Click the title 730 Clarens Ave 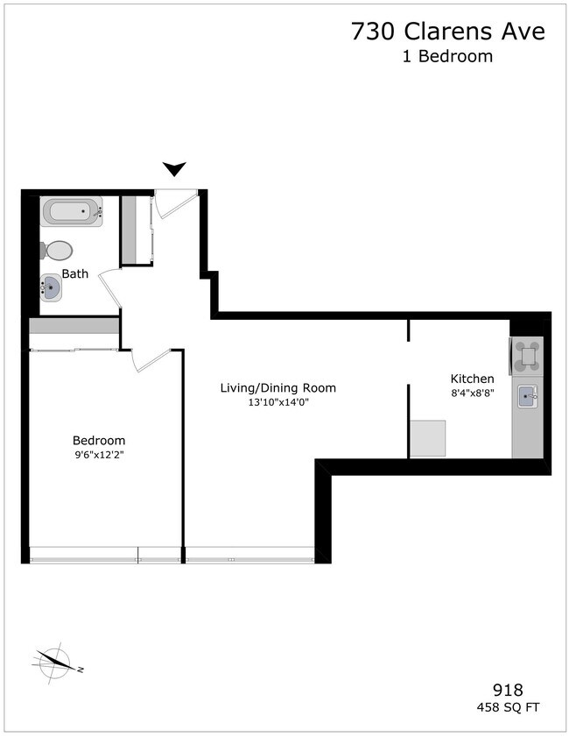447,32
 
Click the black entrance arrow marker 175,169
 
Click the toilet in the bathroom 57,251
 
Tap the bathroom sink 52,287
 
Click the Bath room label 74,273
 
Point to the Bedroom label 99,440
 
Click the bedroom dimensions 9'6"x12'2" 99,455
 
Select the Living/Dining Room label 277,387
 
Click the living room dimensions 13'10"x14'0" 278,402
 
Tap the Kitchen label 472,379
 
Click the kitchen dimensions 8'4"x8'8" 472,393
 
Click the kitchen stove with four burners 527,355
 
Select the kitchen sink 528,397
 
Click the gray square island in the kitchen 428,437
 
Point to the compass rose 54,662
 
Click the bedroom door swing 149,358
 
